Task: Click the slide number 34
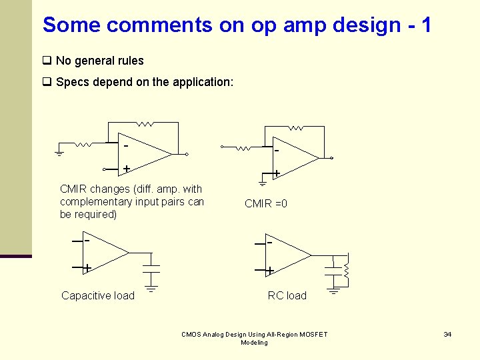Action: (x=448, y=334)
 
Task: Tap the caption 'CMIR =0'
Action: (x=266, y=203)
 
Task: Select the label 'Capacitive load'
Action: (x=98, y=295)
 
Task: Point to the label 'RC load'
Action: (x=287, y=295)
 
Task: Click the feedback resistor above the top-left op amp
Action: (x=145, y=123)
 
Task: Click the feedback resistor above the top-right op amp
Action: (x=295, y=127)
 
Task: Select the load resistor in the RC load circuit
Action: (x=347, y=270)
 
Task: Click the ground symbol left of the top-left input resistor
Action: (x=59, y=153)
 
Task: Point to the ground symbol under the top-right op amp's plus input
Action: (x=263, y=182)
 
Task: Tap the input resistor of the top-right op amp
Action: (x=247, y=147)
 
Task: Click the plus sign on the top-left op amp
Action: (x=125, y=169)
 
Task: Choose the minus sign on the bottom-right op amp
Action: (x=269, y=243)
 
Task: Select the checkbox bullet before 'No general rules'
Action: (x=47, y=61)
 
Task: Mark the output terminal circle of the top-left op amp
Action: (x=187, y=155)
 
